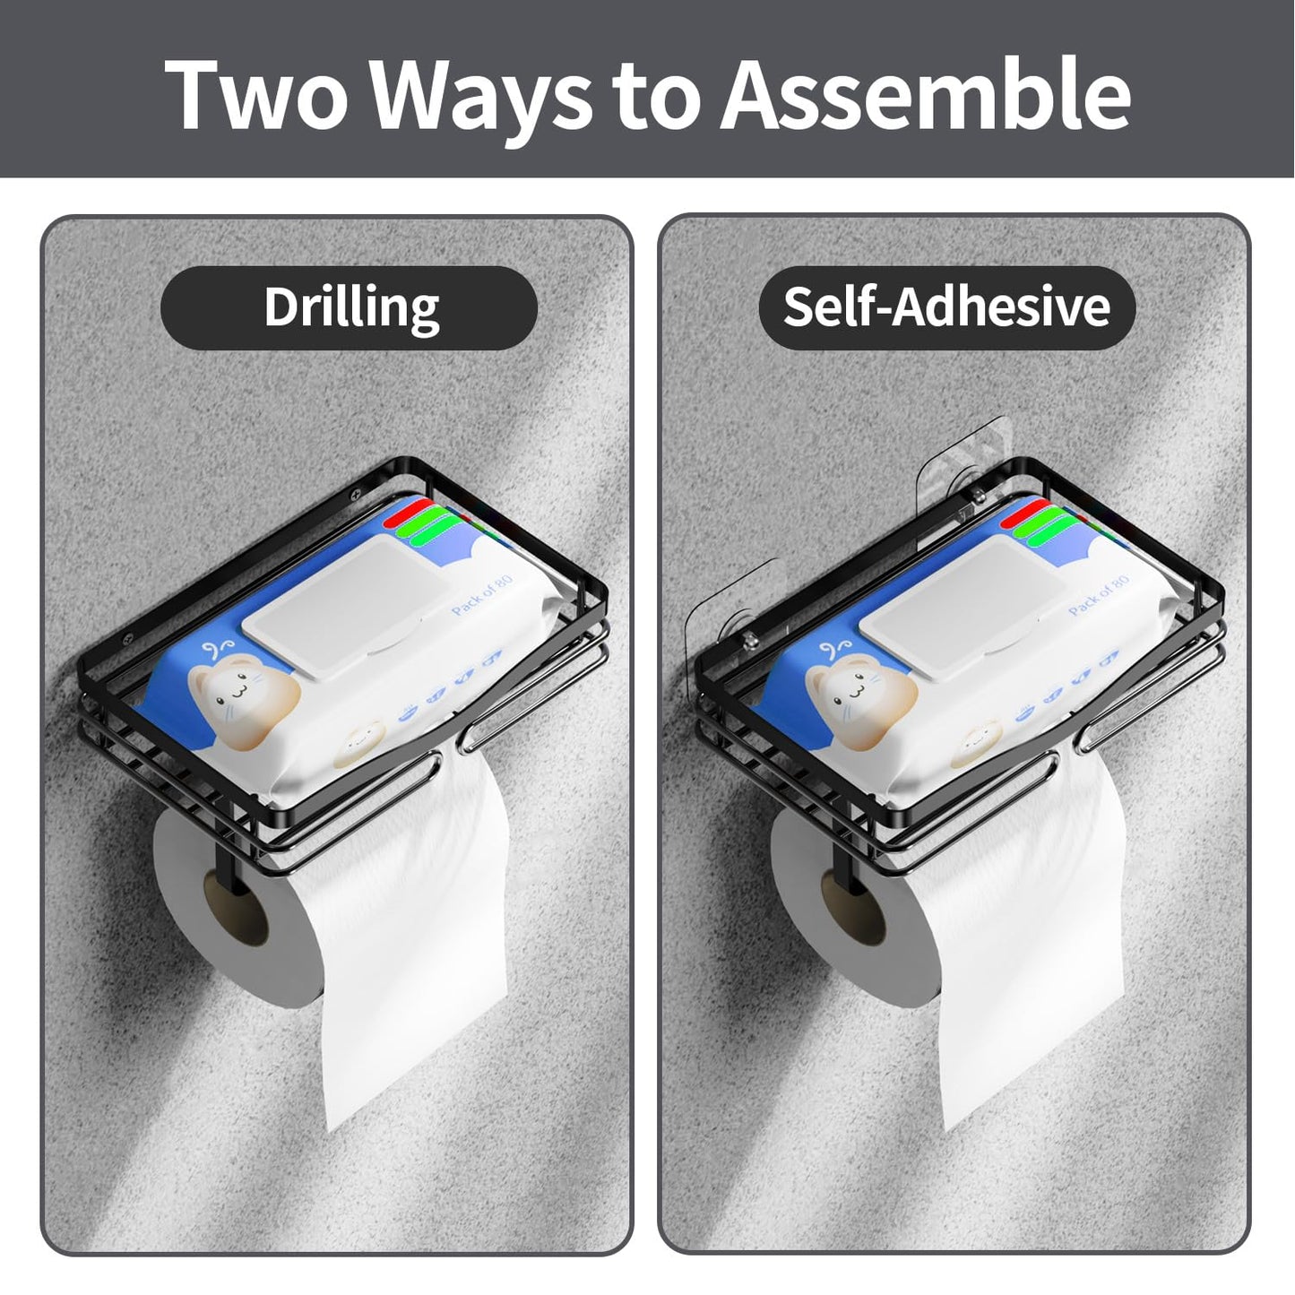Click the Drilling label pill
(349, 307)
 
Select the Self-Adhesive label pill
(946, 307)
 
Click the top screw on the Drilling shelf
(359, 492)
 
